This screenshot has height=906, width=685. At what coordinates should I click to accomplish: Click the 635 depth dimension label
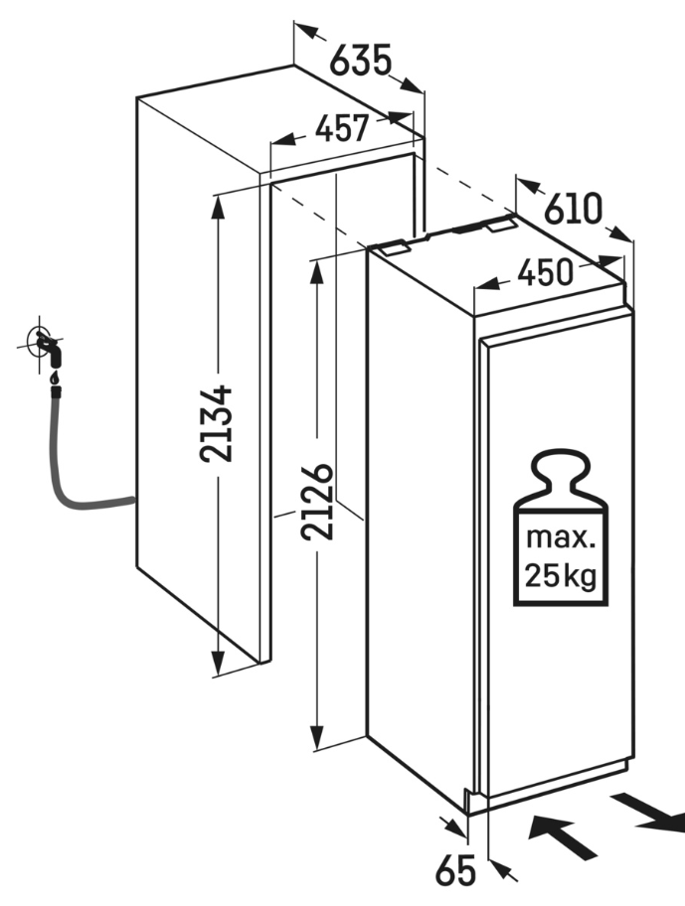tap(359, 62)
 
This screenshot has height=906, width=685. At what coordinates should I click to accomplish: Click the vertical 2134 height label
tap(216, 422)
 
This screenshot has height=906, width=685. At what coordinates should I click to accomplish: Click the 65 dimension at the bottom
tap(456, 871)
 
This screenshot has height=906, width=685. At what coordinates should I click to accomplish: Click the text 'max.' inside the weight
tap(560, 539)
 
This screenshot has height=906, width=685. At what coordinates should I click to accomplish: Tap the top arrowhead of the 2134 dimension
tap(216, 205)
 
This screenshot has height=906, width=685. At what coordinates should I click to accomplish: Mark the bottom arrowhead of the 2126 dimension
tap(318, 739)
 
